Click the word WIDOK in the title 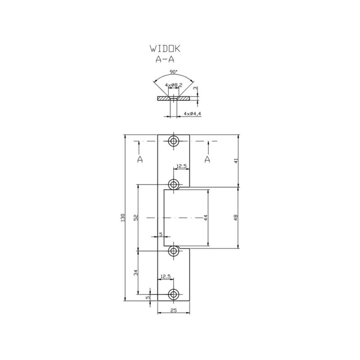pos(165,49)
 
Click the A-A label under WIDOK pos(165,59)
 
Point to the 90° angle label pos(174,72)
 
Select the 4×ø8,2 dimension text pos(174,85)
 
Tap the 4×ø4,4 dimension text pos(193,113)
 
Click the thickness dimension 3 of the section pos(195,89)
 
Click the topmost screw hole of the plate pos(174,141)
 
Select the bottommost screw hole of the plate pos(174,294)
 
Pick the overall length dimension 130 pos(122,218)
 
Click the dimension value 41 pos(236,160)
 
